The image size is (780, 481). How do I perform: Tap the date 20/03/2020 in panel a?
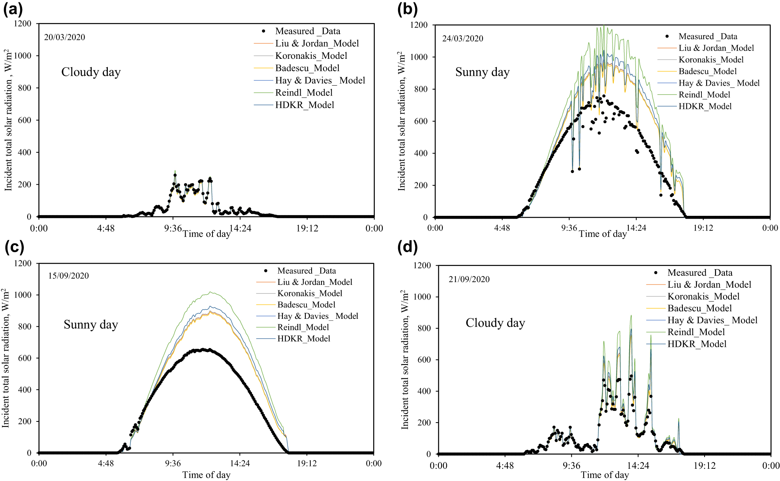(64, 37)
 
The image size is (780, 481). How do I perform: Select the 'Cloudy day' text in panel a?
(91, 72)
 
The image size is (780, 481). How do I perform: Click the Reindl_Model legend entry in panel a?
(304, 93)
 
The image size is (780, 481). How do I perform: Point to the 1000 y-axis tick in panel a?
(23, 56)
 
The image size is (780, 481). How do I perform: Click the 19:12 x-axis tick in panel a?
(307, 228)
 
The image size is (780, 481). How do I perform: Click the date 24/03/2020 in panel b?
(462, 39)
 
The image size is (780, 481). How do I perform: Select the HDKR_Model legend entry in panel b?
(705, 106)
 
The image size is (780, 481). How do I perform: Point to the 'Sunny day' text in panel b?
(482, 72)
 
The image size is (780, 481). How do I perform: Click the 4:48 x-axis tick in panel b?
(502, 228)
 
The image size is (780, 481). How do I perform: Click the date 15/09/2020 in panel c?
(68, 276)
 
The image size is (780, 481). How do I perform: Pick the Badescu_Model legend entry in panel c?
(306, 305)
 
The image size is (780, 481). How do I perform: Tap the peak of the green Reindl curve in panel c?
(211, 292)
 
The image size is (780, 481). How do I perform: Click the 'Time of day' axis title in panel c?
(206, 475)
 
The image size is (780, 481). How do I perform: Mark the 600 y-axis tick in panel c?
(24, 358)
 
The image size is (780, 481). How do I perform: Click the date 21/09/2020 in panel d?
(469, 279)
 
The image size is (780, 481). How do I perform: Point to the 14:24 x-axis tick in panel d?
(638, 466)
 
